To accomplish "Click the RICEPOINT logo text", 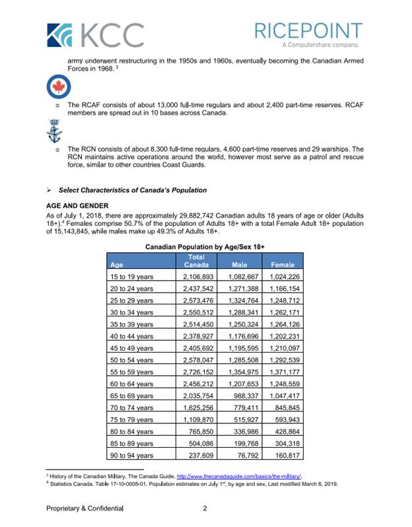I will [x=308, y=31].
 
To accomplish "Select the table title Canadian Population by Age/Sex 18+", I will [x=205, y=246].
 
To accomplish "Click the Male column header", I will [x=237, y=264].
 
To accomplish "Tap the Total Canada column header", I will [x=196, y=260].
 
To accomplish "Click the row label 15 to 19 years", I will [x=131, y=277].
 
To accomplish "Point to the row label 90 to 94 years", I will [x=131, y=455].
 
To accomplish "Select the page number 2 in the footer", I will [x=205, y=508].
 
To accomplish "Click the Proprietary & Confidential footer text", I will [x=84, y=508].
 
